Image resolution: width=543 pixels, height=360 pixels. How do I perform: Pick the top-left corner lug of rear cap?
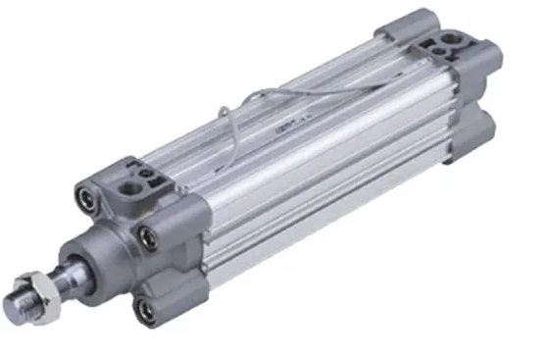tap(405, 22)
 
